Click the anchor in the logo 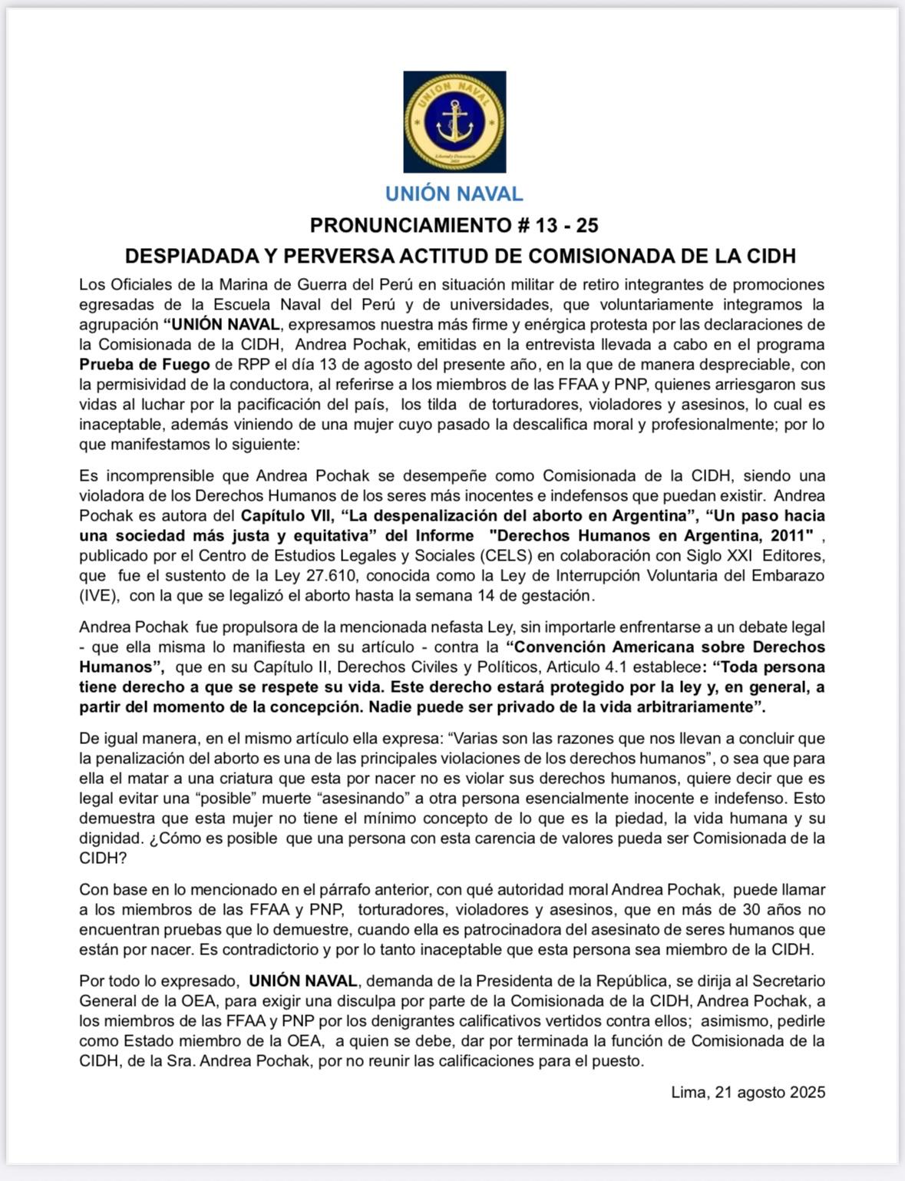[454, 122]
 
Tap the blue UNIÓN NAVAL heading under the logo [454, 194]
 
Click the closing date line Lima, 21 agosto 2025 [748, 1093]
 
